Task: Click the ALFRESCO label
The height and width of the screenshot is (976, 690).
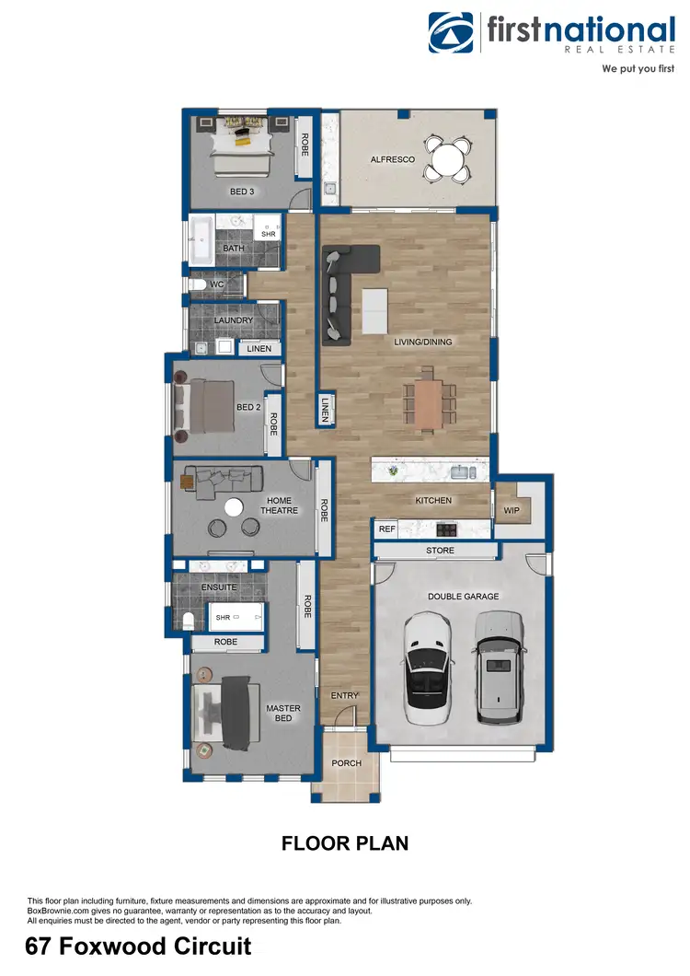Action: coord(393,159)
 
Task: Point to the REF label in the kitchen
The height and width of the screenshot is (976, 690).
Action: coord(387,529)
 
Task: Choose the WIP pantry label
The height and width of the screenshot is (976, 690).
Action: coord(512,510)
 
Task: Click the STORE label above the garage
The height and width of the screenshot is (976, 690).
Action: coord(440,551)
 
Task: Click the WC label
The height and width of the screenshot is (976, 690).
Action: coord(217,285)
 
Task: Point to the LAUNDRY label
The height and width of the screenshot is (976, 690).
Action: coord(234,320)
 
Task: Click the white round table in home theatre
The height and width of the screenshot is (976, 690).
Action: coord(235,506)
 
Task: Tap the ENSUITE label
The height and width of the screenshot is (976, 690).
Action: coord(219,587)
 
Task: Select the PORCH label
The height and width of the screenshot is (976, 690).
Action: coord(346,763)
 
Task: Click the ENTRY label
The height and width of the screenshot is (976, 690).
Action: coord(344,696)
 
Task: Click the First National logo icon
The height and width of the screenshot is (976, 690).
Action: coord(453,35)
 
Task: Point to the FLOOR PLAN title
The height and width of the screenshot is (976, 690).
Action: coord(345,842)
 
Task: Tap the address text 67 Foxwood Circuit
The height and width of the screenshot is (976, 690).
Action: coord(138,947)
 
